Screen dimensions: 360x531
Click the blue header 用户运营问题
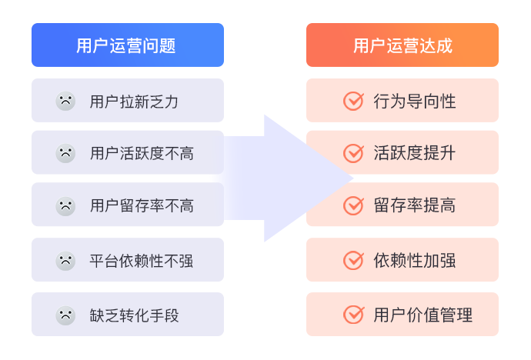[127, 45]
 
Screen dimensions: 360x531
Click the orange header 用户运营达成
[402, 45]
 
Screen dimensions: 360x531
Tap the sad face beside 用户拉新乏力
[65, 101]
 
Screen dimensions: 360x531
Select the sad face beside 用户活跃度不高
[65, 153]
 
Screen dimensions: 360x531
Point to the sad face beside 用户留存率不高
[65, 205]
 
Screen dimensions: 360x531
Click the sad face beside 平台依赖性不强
[65, 261]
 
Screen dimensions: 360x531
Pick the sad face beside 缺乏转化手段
[65, 315]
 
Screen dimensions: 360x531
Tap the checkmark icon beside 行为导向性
[353, 101]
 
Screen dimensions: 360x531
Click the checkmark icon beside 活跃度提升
[353, 152]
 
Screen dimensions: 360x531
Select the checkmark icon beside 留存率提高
[353, 205]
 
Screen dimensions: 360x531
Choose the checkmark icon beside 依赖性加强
[353, 260]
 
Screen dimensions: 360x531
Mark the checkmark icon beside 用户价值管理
[353, 315]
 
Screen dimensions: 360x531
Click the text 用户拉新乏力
[134, 101]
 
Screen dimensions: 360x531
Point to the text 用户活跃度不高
[142, 153]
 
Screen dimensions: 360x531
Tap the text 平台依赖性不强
[142, 261]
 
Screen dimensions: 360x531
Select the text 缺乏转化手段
[134, 315]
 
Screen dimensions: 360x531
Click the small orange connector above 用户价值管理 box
[351, 287]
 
